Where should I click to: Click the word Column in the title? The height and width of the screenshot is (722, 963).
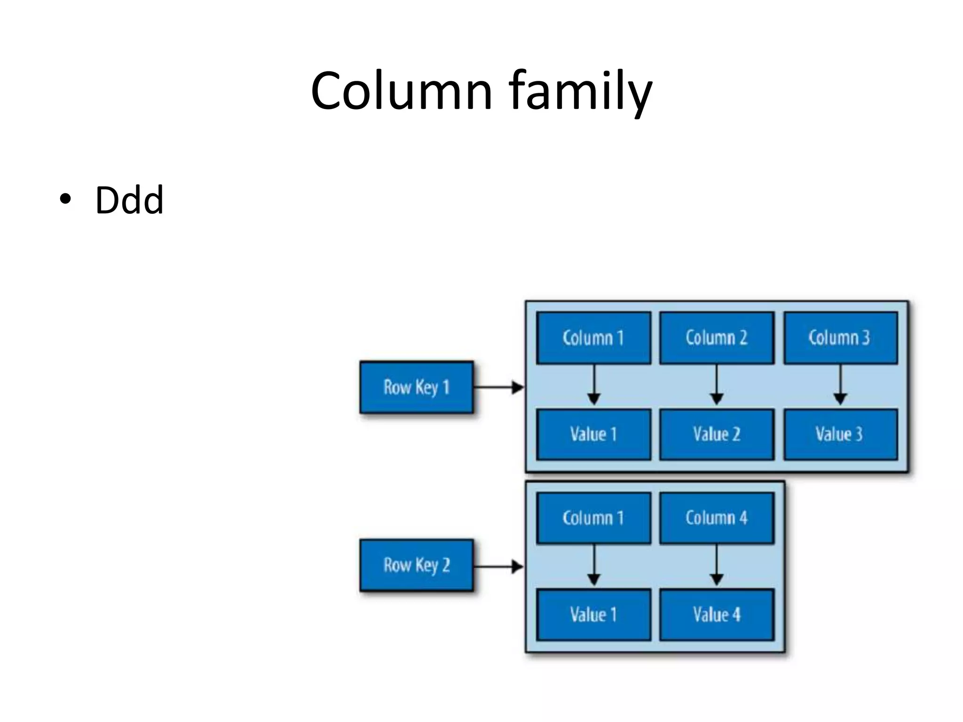pos(401,91)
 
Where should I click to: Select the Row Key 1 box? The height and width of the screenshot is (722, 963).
pos(417,387)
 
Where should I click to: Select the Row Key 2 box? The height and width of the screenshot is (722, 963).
pos(417,565)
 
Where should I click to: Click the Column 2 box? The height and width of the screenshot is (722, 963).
pos(717,338)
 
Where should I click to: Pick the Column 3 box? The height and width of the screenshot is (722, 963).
pos(840,338)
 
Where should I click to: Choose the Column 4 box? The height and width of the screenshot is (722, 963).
pos(717,518)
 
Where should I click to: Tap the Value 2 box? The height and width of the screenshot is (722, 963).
pos(717,434)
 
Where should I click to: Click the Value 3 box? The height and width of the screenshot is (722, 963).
pos(840,434)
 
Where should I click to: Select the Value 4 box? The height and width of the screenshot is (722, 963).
pos(717,615)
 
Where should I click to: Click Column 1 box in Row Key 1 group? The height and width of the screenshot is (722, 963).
pos(593,338)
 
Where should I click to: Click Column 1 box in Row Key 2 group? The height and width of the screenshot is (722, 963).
pos(593,518)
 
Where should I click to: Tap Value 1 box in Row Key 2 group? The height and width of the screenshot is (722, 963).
pos(593,615)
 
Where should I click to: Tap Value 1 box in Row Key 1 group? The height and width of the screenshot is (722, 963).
pos(593,434)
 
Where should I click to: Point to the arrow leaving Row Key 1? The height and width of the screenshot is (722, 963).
pos(498,387)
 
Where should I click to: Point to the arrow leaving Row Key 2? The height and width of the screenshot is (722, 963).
pos(498,566)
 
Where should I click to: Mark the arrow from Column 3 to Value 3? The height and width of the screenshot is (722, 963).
pos(840,385)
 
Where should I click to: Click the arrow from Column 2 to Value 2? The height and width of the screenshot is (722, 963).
pos(717,385)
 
